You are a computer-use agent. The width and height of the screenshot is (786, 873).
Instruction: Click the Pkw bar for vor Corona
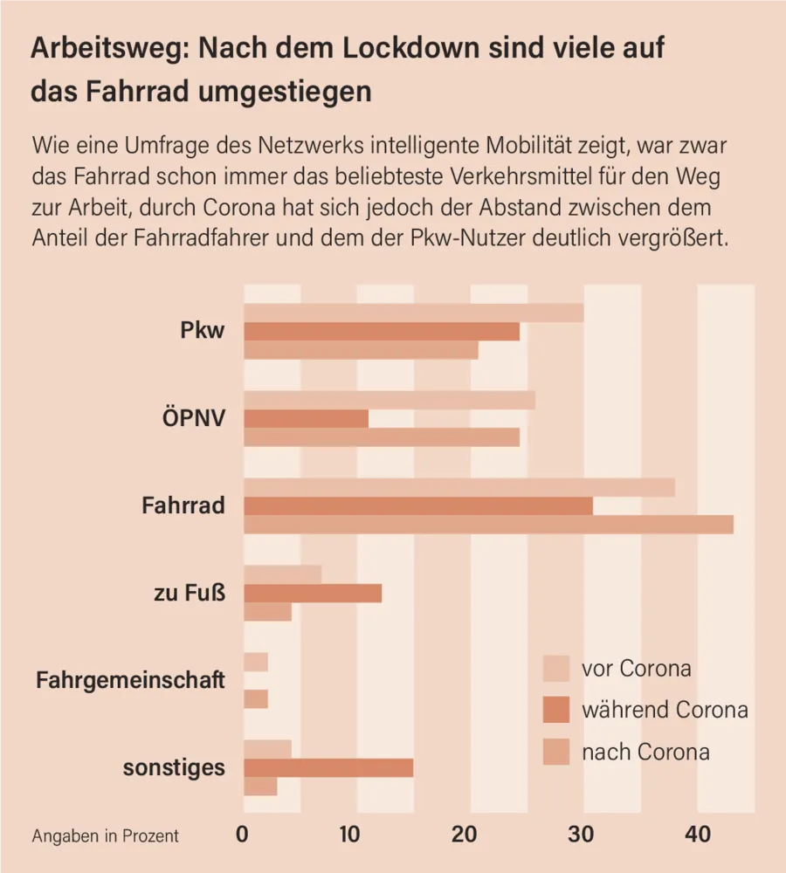tap(413, 313)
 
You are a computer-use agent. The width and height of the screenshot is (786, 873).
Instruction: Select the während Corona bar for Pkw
tap(381, 332)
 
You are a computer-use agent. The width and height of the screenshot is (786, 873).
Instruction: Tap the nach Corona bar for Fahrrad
tap(488, 525)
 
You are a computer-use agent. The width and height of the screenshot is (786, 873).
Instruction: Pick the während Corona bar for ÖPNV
tap(306, 419)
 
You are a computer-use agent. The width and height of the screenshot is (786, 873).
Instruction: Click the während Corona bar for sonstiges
tap(328, 768)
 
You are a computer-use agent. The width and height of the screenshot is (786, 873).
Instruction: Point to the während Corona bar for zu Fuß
tap(313, 594)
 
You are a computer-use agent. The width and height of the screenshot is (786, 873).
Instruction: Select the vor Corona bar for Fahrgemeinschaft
tap(256, 663)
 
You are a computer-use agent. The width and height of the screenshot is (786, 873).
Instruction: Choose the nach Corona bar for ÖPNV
tap(381, 437)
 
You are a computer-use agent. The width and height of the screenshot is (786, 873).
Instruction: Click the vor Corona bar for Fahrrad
tap(458, 487)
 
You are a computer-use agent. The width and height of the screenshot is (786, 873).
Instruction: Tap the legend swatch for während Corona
tap(556, 710)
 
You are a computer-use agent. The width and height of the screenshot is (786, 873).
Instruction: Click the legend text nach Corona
tap(645, 752)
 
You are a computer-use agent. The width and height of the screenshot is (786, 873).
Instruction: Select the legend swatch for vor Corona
tap(556, 669)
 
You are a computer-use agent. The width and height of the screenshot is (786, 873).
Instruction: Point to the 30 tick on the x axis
tap(583, 835)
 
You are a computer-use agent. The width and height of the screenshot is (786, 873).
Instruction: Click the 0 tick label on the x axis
tap(243, 835)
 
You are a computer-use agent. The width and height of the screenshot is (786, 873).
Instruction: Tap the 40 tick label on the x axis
tap(697, 835)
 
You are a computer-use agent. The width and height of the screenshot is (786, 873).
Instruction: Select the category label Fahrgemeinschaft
tap(130, 680)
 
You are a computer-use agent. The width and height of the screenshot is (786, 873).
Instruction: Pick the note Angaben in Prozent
tap(106, 835)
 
